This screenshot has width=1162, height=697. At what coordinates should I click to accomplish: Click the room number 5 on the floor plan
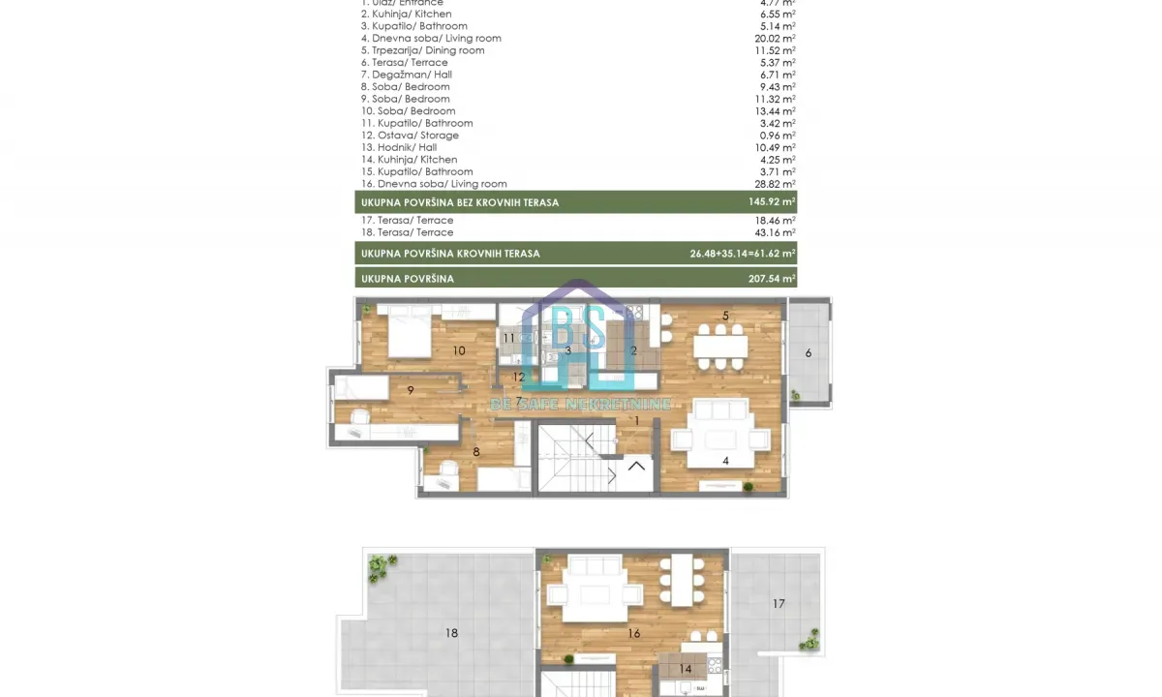(725, 316)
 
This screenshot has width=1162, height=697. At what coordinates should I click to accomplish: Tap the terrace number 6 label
(809, 353)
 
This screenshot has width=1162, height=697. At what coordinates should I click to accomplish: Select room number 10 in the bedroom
(459, 350)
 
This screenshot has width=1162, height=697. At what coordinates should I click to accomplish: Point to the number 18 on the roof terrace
(451, 633)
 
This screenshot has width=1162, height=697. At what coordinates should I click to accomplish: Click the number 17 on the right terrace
(779, 604)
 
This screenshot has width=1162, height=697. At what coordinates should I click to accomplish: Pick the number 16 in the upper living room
(633, 634)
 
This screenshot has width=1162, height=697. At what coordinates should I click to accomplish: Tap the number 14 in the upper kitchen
(685, 669)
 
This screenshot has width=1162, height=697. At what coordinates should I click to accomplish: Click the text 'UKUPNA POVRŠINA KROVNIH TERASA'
(450, 254)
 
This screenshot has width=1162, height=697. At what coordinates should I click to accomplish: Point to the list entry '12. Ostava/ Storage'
(410, 136)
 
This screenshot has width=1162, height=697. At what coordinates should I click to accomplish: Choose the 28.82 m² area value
(776, 184)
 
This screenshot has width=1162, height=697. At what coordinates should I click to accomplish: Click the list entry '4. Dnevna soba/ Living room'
(431, 39)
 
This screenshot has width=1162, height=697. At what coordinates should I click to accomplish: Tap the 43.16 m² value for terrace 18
(776, 232)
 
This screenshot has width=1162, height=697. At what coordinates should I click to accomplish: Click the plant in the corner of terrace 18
(381, 566)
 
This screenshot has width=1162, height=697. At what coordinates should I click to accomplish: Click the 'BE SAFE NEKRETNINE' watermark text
(581, 404)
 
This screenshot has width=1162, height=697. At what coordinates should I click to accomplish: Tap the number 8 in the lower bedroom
(475, 452)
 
